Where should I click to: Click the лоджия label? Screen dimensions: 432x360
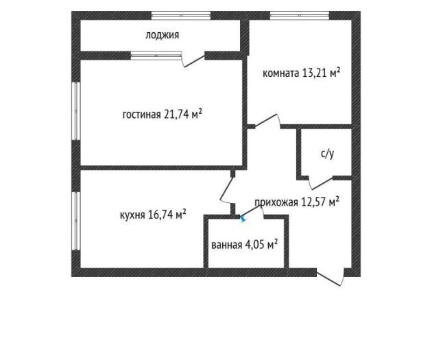pos(163,35)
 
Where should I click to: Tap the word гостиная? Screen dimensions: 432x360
pos(141,115)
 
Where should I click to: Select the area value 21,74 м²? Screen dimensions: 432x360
pos(183,113)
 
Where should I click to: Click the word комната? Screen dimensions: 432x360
pos(280,73)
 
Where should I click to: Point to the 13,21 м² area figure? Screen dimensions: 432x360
pos(321,73)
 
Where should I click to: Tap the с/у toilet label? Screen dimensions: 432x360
pos(327,154)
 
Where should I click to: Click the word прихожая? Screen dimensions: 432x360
pos(276,203)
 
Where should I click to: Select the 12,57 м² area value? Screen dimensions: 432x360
pos(320,202)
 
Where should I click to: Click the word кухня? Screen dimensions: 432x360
pos(132,215)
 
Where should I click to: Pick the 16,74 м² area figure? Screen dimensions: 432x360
pos(167,214)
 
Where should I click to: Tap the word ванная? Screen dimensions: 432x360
pos(227,245)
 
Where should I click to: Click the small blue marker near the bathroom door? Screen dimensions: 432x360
pos(243,219)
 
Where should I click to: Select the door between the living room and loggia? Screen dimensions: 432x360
pos(193,60)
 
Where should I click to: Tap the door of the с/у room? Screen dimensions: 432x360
pos(321,183)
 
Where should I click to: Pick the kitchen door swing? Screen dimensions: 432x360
pos(227,190)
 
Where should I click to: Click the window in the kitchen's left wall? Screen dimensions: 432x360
pos(76,221)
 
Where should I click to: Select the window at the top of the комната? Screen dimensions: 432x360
pos(300,15)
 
